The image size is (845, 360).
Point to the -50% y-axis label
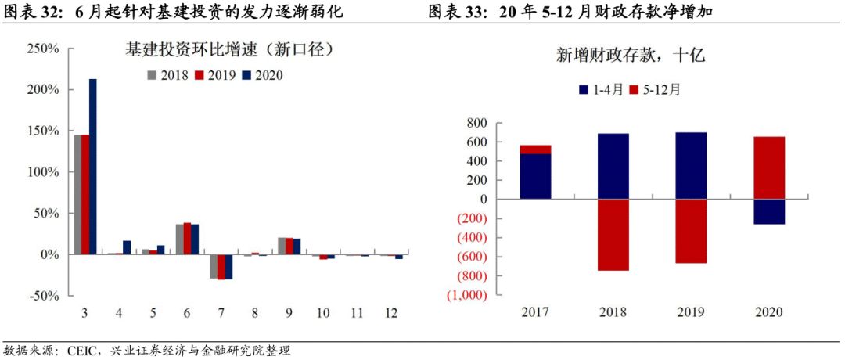[44, 296]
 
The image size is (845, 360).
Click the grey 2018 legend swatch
[153, 75]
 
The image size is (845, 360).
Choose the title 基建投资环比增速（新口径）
[230, 50]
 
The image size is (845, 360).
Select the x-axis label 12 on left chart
[390, 312]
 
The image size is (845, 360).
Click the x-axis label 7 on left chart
[221, 312]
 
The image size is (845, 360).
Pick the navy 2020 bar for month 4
[127, 247]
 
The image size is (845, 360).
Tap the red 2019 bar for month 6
[186, 239]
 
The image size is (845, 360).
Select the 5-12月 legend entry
[660, 89]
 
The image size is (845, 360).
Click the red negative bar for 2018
[613, 235]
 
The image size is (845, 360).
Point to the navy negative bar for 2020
[768, 212]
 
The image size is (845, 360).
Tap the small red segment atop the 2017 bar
[535, 149]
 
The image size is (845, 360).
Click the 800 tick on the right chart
[476, 124]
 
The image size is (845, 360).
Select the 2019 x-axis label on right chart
[691, 311]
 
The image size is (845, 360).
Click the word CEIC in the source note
[81, 349]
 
